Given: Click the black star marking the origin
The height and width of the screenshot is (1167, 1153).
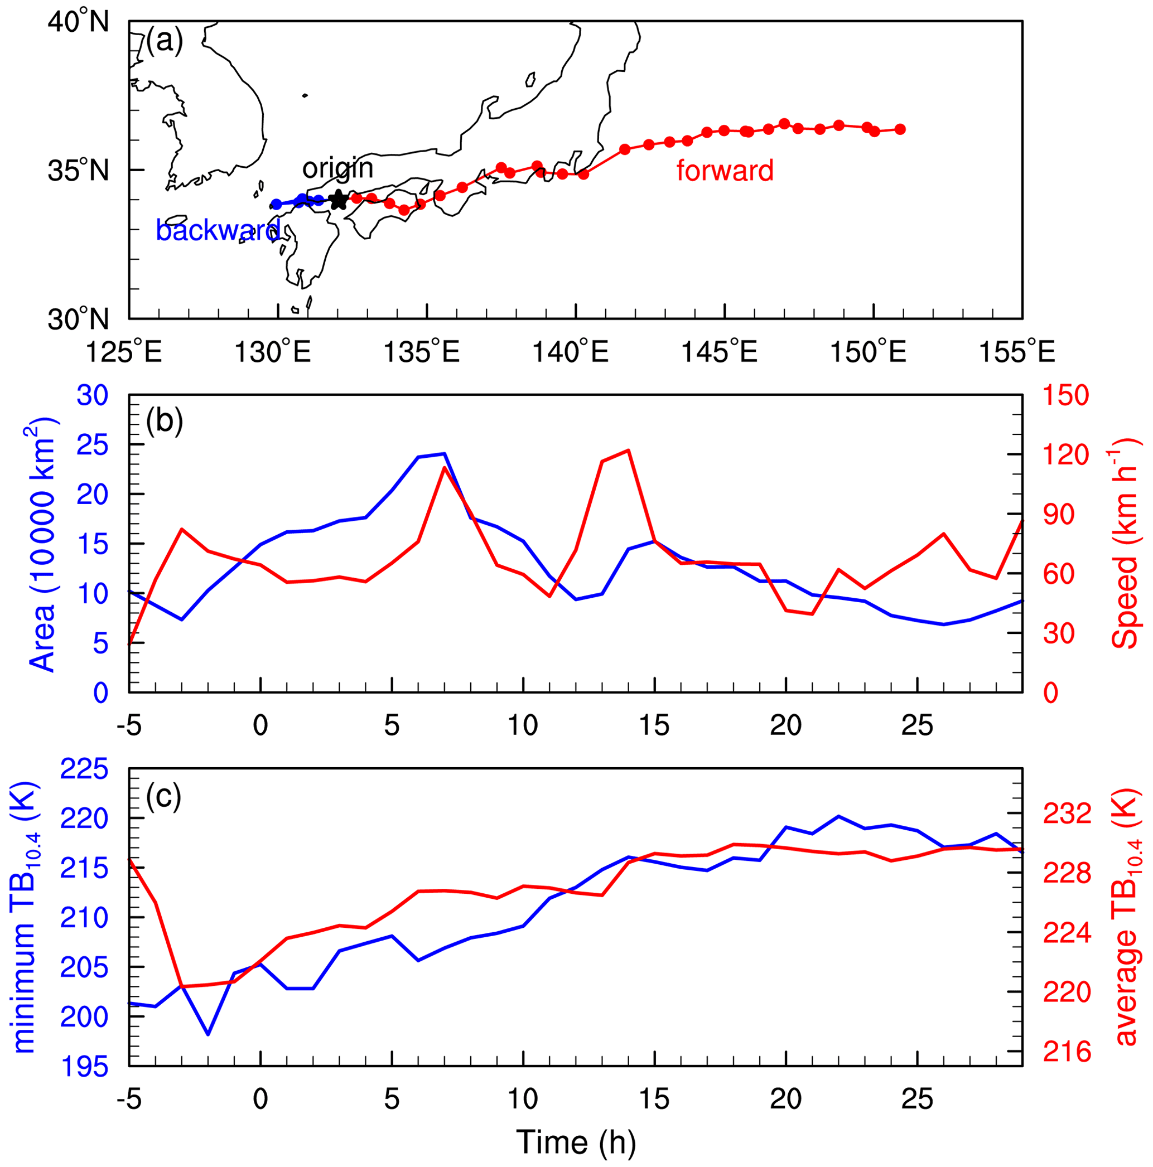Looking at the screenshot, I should (x=339, y=200).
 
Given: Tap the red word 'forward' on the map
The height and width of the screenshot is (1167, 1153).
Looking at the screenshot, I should (x=725, y=171).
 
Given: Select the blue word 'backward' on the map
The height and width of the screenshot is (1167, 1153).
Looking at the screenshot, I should (x=218, y=230).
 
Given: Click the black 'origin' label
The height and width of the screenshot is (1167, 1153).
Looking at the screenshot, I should (x=338, y=168).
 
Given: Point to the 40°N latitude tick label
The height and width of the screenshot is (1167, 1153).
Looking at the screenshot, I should (x=78, y=22).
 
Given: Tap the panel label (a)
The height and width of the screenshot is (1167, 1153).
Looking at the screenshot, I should (x=165, y=42).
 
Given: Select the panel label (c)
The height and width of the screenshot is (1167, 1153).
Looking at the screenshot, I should (x=164, y=797).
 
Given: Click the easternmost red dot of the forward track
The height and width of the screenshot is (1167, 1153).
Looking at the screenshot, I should (x=900, y=129).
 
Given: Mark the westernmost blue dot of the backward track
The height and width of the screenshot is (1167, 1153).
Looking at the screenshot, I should (x=277, y=204).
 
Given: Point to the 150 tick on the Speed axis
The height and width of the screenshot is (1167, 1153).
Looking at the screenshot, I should (x=1066, y=396).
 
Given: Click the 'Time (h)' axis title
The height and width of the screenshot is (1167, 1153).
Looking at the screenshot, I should (x=575, y=1142).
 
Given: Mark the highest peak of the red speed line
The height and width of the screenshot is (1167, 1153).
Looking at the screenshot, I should (x=629, y=450).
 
